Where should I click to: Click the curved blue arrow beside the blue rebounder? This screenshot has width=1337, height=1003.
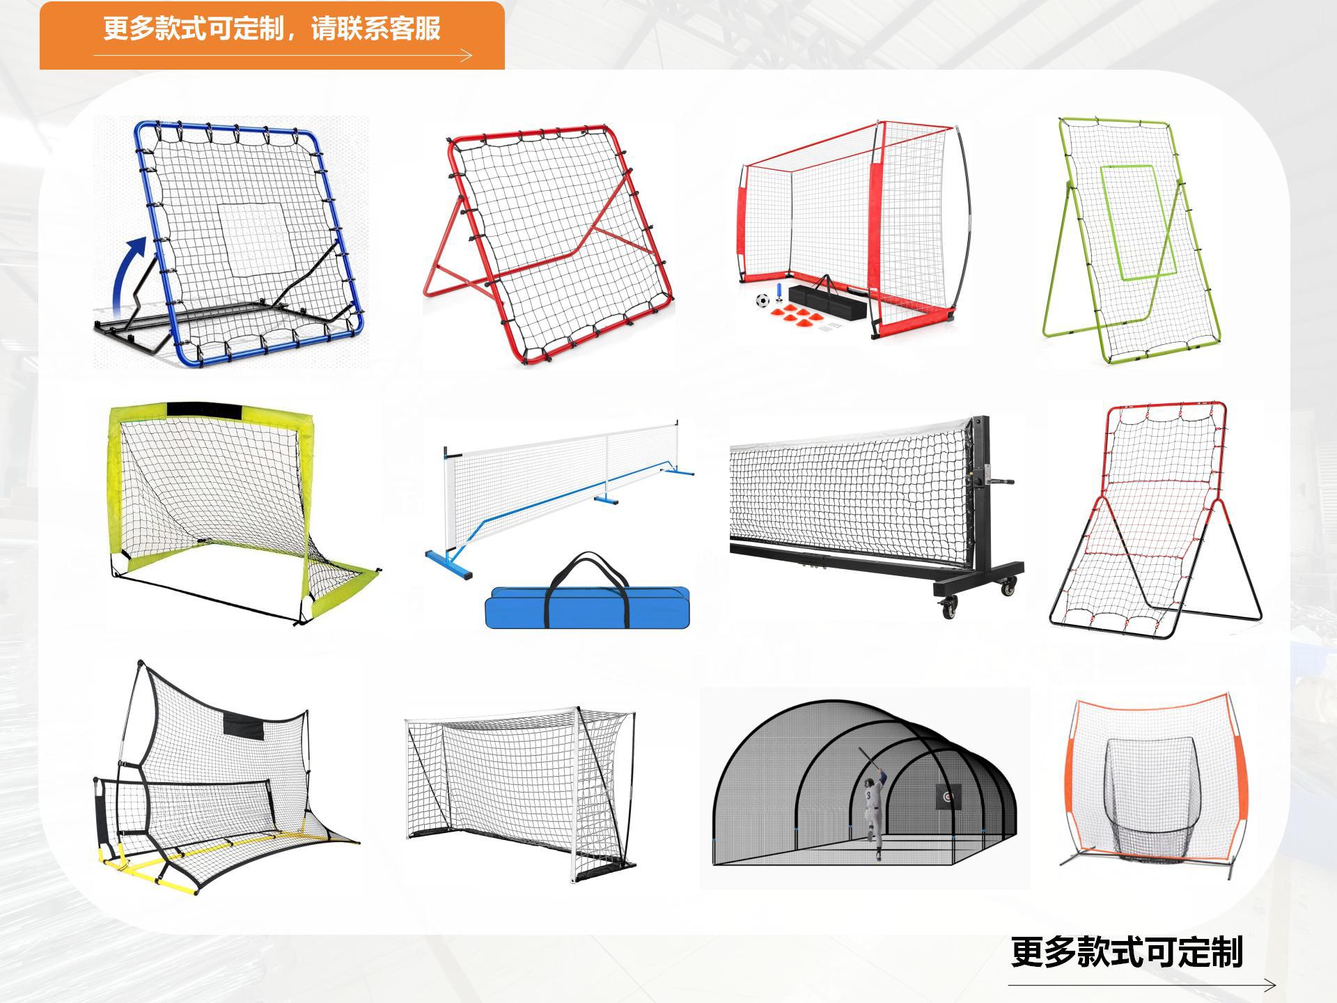click(x=129, y=272)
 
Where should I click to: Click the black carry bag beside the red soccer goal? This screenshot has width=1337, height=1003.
click(x=829, y=300)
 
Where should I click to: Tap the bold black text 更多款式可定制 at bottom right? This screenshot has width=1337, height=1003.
click(x=1126, y=952)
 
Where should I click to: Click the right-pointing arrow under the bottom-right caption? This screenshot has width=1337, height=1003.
click(x=1267, y=985)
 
